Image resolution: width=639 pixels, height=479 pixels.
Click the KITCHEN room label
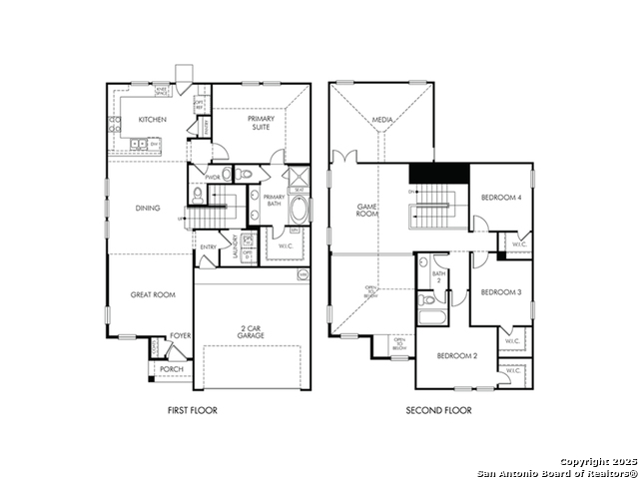(152, 120)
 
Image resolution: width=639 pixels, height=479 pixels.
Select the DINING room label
(149, 209)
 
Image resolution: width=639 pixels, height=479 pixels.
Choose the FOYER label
(180, 336)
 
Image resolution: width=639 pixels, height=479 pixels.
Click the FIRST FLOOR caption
(193, 410)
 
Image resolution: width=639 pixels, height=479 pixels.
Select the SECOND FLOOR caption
(438, 410)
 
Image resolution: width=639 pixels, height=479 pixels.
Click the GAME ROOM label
(366, 211)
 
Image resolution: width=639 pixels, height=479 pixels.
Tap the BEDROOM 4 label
(500, 198)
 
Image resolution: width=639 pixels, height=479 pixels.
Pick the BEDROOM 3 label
(500, 291)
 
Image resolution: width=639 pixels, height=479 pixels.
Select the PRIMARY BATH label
(274, 201)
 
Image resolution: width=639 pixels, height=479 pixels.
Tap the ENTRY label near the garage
(209, 246)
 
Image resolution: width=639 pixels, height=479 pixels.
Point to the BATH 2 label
(437, 276)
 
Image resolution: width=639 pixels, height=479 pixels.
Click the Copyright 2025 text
(596, 462)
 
